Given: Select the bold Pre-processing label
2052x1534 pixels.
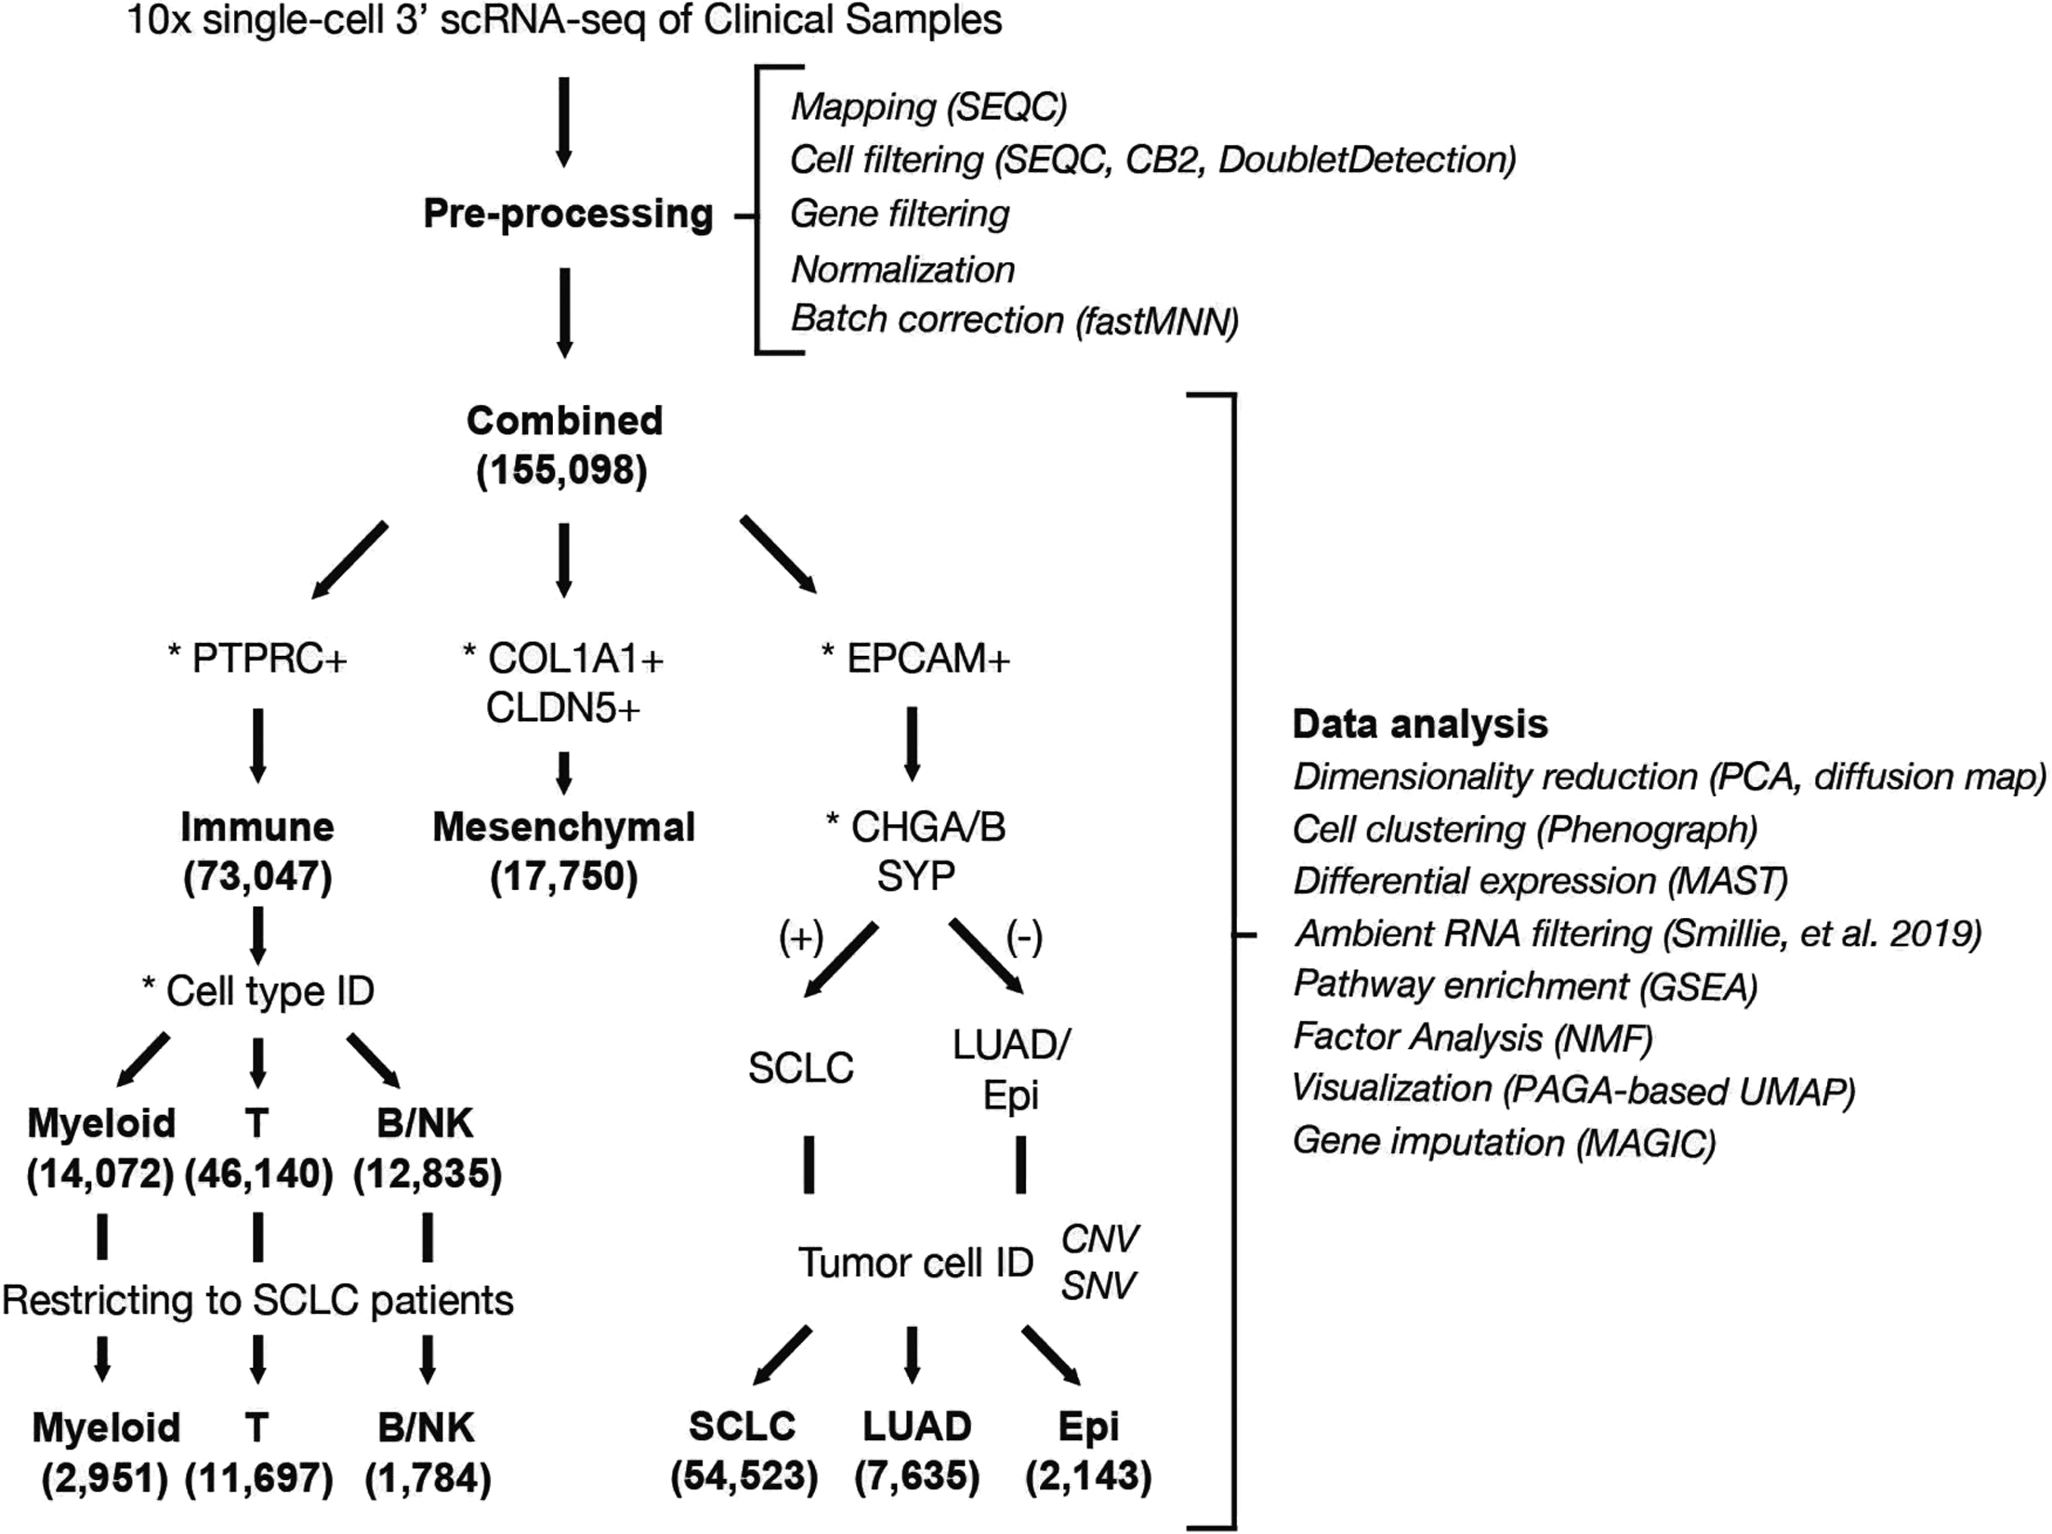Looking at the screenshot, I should pos(568,214).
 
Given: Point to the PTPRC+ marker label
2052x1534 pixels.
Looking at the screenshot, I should pos(257,659).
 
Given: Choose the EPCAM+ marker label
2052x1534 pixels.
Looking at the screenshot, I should pos(915,659).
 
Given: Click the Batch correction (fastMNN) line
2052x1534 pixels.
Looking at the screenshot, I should pos(1014,320).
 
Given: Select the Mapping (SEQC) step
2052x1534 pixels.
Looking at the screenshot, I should pos(928,107).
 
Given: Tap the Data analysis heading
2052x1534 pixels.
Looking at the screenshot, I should pos(1420,724).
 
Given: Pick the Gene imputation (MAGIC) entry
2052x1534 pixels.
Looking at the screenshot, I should pos(1504,1142).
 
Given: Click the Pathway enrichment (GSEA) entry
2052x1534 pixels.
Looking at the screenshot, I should pos(1525,986).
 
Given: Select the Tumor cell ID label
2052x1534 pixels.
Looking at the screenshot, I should pos(915,1263).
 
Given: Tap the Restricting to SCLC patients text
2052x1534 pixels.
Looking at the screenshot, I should pos(257,1301).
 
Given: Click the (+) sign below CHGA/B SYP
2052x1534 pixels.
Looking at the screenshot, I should pos(801,939).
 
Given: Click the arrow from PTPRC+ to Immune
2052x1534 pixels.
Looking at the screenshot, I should pos(258,745).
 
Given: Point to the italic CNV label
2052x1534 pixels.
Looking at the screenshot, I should pos(1099,1239).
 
